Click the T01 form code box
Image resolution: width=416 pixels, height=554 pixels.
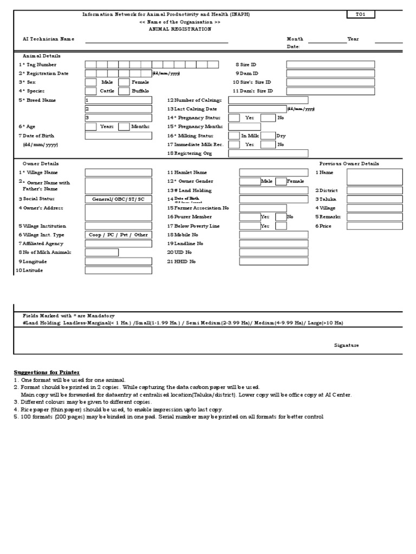point(360,15)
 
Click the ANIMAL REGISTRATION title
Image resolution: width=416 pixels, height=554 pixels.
point(180,29)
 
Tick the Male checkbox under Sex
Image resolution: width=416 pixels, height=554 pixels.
point(90,82)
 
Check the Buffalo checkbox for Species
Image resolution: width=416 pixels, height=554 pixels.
point(123,91)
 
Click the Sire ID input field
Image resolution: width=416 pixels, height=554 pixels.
point(330,64)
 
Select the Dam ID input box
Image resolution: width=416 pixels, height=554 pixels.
point(330,73)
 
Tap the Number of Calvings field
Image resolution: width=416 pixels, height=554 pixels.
point(268,100)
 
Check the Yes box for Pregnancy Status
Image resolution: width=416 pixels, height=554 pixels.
point(234,118)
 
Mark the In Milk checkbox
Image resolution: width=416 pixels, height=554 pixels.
point(234,136)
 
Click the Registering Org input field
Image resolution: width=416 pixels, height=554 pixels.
point(268,154)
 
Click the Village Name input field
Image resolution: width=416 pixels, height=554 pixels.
point(118,173)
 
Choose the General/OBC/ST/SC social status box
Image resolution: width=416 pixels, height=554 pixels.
point(118,199)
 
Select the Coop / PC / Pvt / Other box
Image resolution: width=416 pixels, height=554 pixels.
point(118,235)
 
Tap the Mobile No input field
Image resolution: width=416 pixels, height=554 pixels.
point(274,235)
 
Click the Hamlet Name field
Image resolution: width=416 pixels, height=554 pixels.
point(274,173)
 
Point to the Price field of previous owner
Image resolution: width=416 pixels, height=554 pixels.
point(374,226)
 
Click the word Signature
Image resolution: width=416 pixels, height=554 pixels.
point(346,345)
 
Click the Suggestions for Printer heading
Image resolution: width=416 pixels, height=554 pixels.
point(47,373)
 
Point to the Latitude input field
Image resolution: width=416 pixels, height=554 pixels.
point(118,270)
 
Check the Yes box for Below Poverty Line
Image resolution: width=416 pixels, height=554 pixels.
point(250,226)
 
